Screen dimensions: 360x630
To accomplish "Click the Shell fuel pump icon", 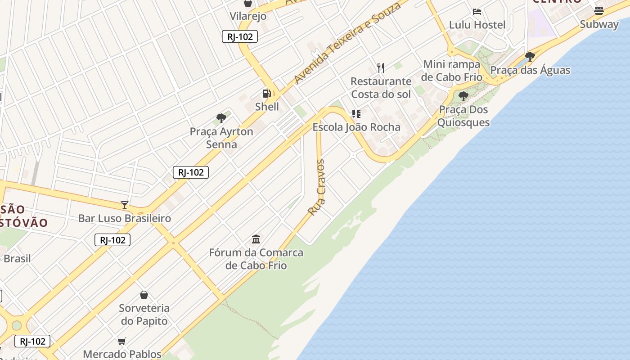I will (x=267, y=94).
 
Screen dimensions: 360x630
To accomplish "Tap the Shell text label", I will (x=267, y=107).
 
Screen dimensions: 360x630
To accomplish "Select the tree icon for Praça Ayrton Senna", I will (x=221, y=118).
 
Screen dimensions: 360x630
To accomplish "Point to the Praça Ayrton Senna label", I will (x=221, y=138).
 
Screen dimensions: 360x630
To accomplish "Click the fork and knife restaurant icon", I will (x=381, y=68).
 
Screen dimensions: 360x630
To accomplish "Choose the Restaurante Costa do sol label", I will (x=381, y=88).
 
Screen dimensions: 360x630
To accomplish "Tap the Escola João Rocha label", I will (x=356, y=127).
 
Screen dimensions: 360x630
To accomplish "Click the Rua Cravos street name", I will (x=316, y=187).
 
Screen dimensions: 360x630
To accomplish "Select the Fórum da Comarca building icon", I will (x=256, y=239).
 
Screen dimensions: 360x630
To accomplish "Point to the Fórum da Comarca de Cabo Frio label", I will (x=256, y=259).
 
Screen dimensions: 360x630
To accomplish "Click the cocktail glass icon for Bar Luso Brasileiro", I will (x=125, y=205).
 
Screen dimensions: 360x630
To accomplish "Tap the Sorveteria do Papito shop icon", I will (x=144, y=295).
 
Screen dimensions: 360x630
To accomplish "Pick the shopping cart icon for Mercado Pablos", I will (x=122, y=341).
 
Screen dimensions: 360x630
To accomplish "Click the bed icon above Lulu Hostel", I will (x=477, y=12).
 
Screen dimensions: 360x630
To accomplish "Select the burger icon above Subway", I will (x=598, y=10).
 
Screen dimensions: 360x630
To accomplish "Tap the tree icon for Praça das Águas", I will (x=530, y=57).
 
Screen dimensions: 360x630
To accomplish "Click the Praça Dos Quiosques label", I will (x=463, y=116).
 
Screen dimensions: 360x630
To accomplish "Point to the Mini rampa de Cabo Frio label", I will (x=452, y=71).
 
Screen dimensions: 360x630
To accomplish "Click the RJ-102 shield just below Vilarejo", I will (x=240, y=37).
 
